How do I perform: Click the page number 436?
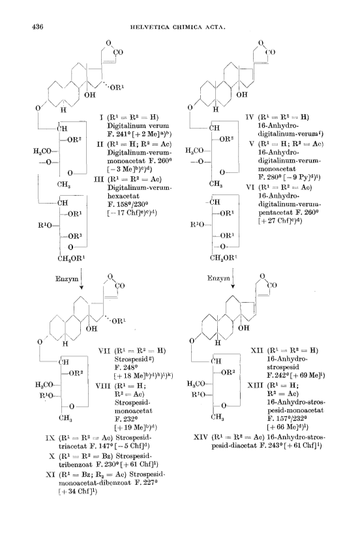pos(37,27)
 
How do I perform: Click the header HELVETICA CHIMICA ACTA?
pos(177,27)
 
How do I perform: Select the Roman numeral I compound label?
pos(101,117)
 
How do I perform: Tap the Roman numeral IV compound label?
pos(250,117)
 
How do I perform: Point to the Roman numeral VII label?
pos(104,350)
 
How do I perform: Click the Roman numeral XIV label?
pos(201,437)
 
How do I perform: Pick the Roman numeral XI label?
pos(51,474)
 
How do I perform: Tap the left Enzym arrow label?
pos(67,279)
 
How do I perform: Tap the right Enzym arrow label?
pos(218,279)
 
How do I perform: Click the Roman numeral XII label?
pos(258,350)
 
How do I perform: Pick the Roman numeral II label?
pos(99,144)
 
